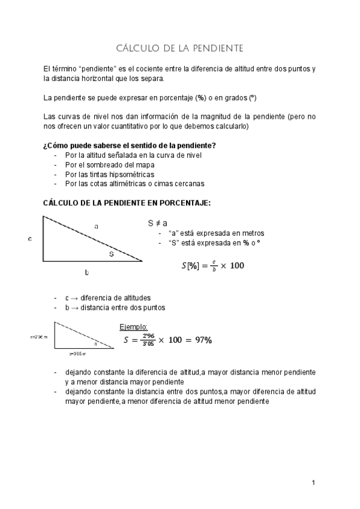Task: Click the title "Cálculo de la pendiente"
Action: coord(179,47)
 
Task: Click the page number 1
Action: coord(313,483)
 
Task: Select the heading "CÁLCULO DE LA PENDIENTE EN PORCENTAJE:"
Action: coord(127,203)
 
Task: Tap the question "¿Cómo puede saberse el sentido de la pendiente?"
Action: coord(130,145)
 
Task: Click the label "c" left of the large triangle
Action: coord(30,239)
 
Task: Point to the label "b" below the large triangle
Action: coord(88,273)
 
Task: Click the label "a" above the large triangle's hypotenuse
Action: coord(96,226)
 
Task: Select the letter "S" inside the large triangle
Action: coord(111,254)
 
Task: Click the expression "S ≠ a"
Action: coord(157,223)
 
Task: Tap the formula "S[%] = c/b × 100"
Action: coord(212,265)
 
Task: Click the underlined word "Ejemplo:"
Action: coord(134,327)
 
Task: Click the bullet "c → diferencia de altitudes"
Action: coord(107,298)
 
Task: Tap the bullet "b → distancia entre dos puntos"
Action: coord(115,307)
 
